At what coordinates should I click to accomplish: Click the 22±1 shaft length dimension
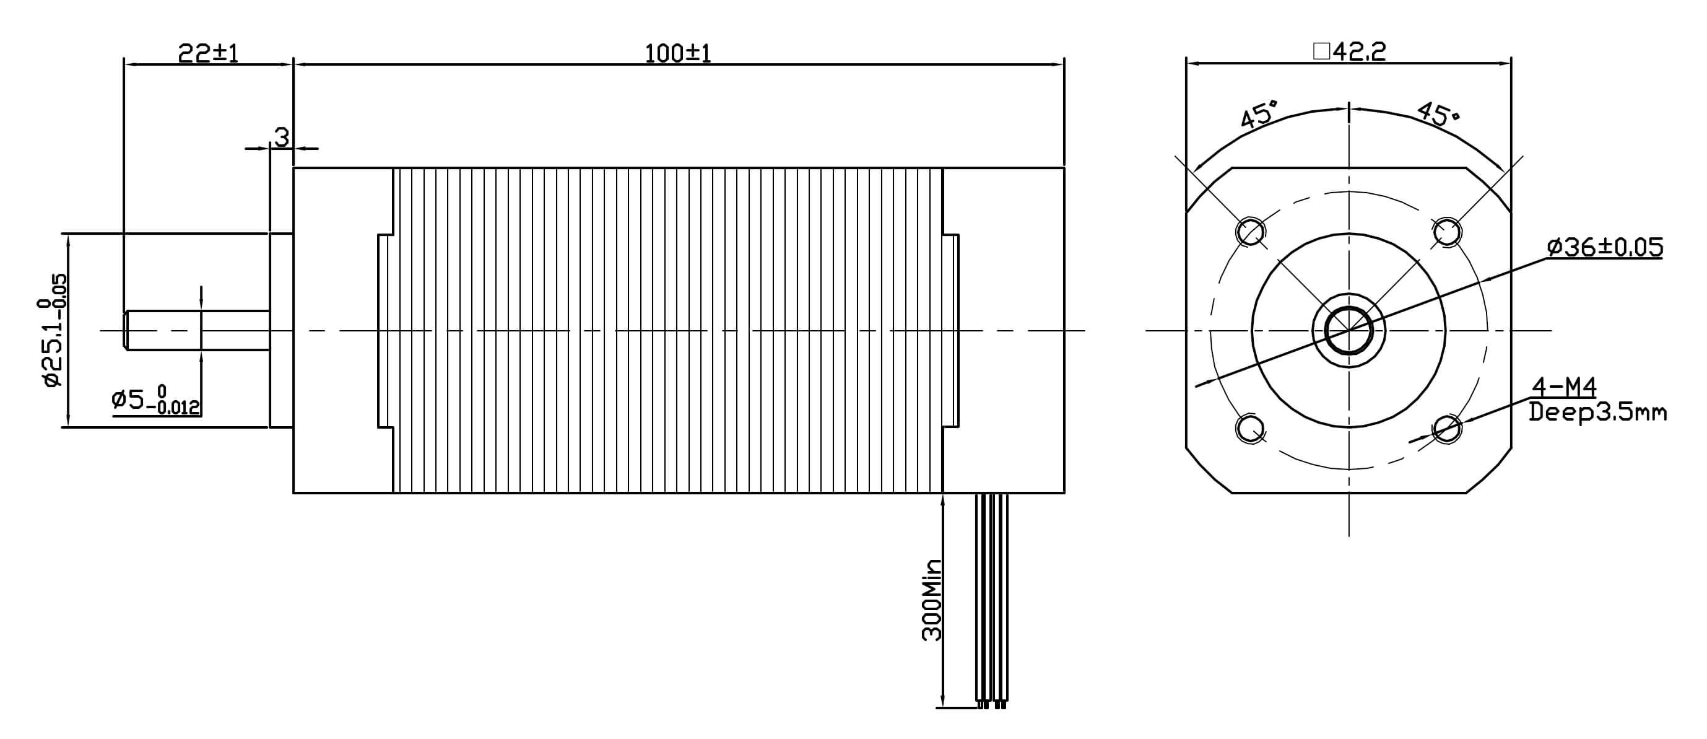(207, 53)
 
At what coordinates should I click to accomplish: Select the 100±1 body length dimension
(677, 53)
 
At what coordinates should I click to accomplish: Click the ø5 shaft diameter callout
(157, 400)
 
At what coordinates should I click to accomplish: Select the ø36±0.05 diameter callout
(1604, 247)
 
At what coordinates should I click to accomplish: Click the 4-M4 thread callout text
(1563, 387)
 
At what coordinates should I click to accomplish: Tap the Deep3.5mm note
(1597, 413)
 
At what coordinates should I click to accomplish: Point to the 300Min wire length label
(932, 600)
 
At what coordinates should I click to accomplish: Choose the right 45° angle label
(1438, 115)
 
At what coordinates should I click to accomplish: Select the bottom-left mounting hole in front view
(1251, 427)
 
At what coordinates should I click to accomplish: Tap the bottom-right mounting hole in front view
(1446, 428)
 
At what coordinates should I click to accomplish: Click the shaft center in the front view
(1349, 330)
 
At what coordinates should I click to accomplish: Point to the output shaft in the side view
(199, 330)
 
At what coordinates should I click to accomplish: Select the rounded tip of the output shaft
(127, 330)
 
